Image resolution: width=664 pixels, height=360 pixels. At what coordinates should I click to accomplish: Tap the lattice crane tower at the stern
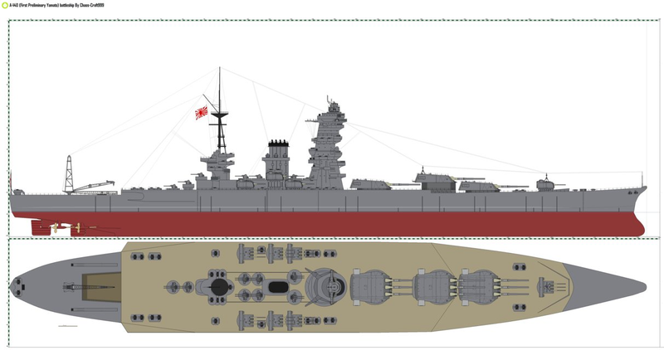[x=69, y=173]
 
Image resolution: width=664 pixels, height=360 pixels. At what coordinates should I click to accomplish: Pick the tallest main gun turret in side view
[x=435, y=177]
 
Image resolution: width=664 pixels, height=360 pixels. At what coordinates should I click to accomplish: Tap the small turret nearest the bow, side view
[x=544, y=183]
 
